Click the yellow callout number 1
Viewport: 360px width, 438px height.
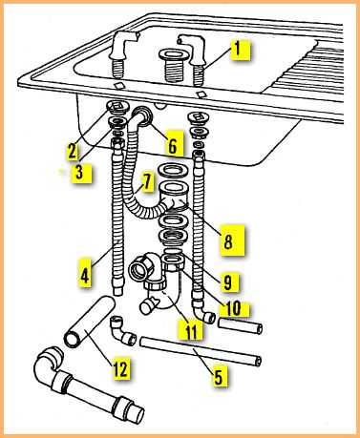[x=241, y=50]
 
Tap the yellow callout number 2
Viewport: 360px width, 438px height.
[x=73, y=151]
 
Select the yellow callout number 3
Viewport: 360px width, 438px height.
[x=79, y=172]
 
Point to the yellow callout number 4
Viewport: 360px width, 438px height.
[x=85, y=276]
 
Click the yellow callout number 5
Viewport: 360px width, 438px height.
[x=219, y=377]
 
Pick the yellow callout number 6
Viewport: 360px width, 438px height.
[x=172, y=146]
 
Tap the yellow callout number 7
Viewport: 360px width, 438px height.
[x=147, y=182]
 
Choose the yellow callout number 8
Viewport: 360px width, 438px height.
[x=228, y=240]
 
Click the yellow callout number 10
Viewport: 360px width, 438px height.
[x=234, y=308]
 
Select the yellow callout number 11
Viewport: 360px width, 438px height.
[x=191, y=332]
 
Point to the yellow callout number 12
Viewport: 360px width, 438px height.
[x=120, y=368]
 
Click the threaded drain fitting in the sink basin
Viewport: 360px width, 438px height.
[x=171, y=67]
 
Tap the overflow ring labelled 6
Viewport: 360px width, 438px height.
[x=142, y=115]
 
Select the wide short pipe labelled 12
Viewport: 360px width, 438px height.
[x=89, y=322]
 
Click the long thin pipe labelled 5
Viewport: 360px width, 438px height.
[x=201, y=351]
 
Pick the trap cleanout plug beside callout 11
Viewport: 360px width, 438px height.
[x=148, y=305]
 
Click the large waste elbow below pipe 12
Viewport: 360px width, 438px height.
[x=89, y=386]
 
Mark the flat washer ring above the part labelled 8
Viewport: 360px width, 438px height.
[x=173, y=170]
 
